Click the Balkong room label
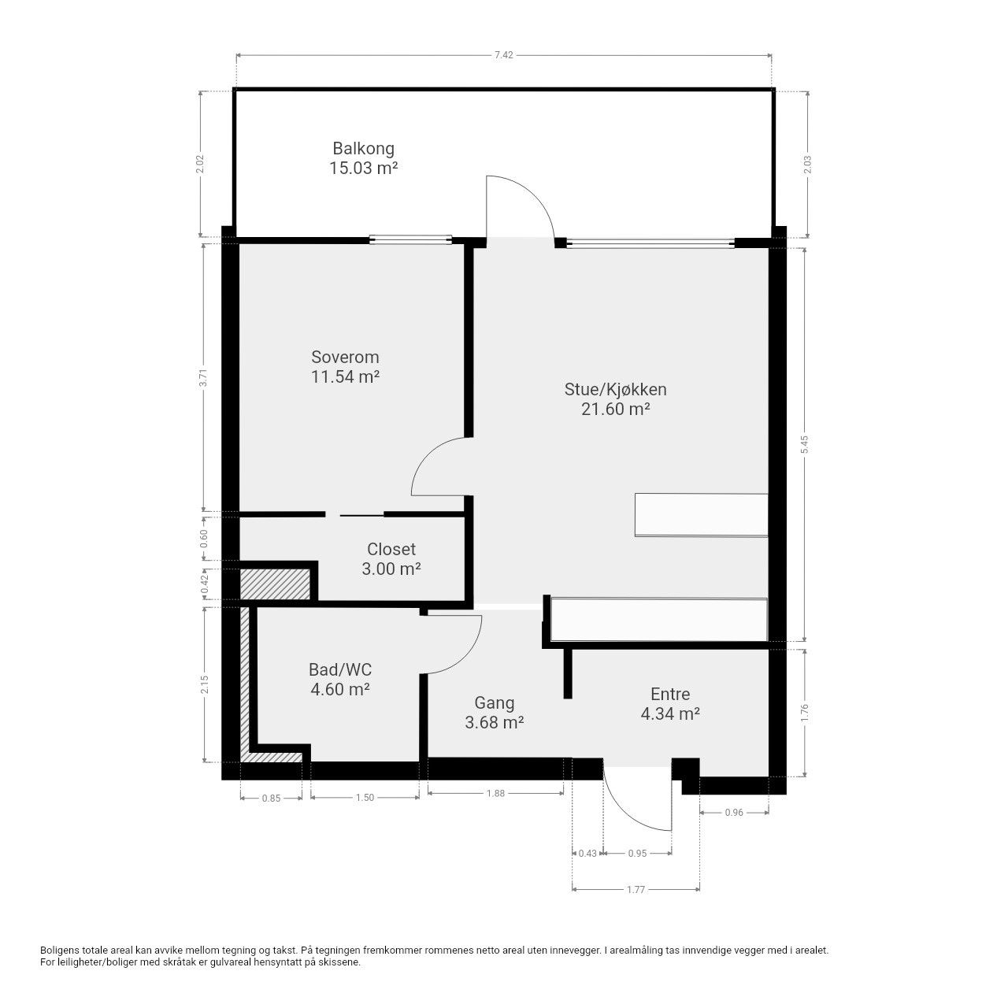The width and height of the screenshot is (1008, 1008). tap(363, 149)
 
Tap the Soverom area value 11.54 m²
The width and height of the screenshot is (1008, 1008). tap(345, 376)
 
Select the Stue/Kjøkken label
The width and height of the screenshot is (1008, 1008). tap(615, 390)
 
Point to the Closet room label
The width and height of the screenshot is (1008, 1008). tap(391, 549)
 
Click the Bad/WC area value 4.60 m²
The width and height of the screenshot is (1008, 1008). tap(340, 689)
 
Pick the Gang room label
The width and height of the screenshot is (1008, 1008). tap(495, 703)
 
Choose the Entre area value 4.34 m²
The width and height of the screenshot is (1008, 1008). tap(670, 713)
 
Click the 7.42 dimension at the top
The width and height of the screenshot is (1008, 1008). tap(504, 55)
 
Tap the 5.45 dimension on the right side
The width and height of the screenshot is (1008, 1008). tap(805, 445)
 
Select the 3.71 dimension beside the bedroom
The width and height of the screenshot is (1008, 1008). tap(204, 378)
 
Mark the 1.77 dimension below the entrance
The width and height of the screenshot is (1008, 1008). tap(636, 889)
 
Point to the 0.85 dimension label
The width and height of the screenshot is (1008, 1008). tap(271, 799)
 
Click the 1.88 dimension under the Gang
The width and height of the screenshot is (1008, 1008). tap(495, 794)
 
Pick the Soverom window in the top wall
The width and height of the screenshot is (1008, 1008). tap(410, 239)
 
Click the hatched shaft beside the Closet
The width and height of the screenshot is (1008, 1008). tap(275, 585)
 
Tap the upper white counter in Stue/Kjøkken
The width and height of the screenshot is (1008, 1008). tap(702, 515)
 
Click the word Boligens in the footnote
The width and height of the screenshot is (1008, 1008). tap(61, 951)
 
